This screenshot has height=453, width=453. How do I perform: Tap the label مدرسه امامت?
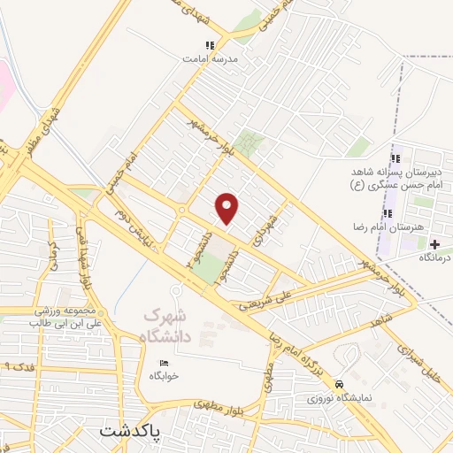[206, 59]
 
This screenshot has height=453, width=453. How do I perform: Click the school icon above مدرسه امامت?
[210, 45]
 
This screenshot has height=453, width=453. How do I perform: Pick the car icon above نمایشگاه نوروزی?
[340, 384]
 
